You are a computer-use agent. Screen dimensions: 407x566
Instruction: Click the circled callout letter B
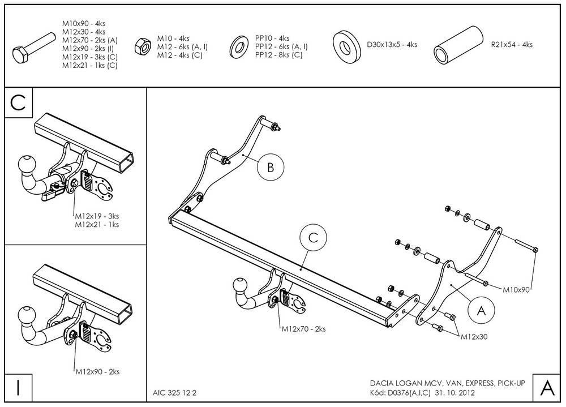pos(271,167)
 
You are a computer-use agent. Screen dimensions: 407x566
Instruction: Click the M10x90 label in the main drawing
pos(516,289)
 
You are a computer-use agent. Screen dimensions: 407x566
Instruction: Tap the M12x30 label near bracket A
pos(474,336)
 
